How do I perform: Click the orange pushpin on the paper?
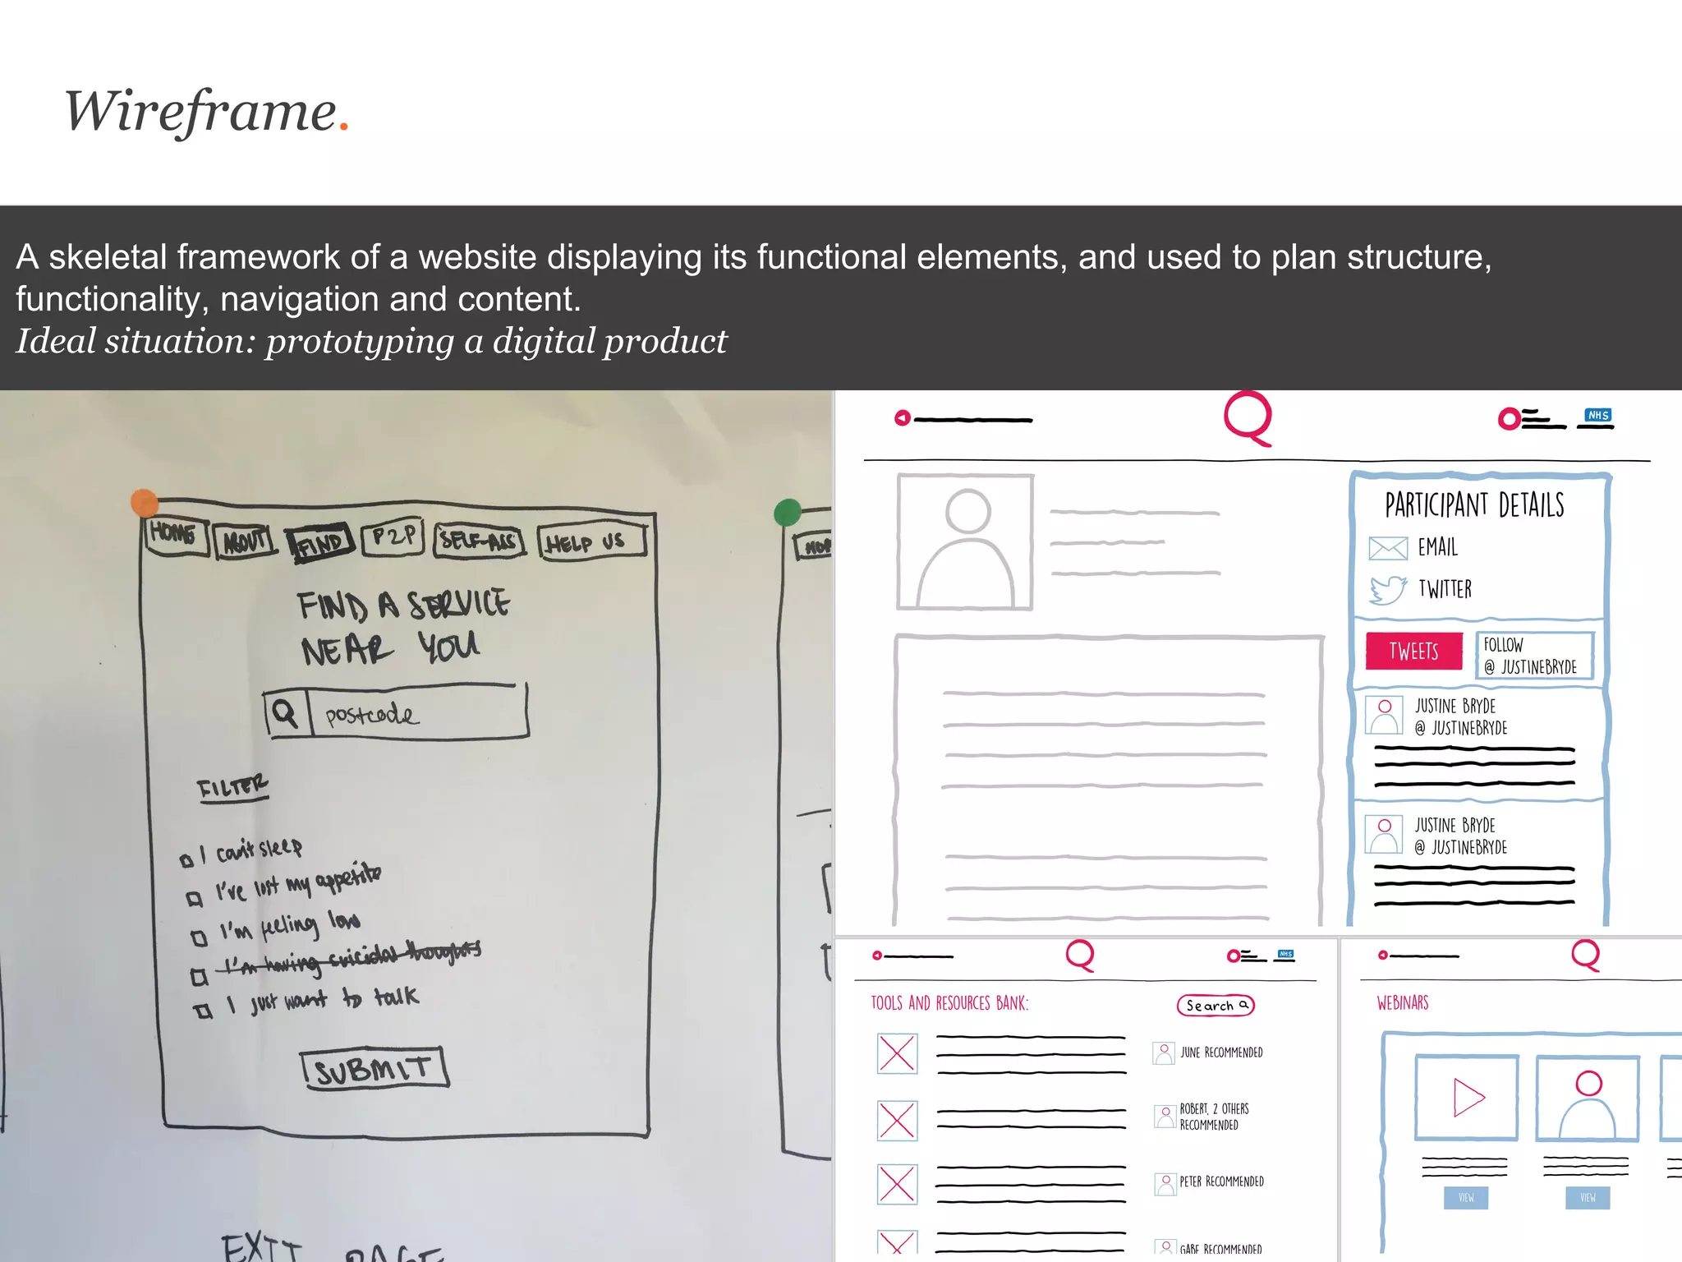[145, 502]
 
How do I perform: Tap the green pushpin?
[788, 513]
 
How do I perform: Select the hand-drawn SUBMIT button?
[375, 1068]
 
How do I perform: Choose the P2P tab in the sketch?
[393, 537]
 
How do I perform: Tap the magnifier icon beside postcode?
[285, 712]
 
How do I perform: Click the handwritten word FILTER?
[232, 787]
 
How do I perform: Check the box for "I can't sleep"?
[186, 860]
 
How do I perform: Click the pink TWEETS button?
[1413, 652]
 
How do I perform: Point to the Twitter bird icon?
[1388, 589]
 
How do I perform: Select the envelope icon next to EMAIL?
[1388, 548]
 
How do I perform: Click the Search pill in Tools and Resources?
[1216, 1006]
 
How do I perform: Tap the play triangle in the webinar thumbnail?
[1468, 1098]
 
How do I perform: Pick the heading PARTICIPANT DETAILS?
[1474, 505]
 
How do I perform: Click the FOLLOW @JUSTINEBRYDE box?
[1534, 655]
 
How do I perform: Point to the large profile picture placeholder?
[965, 542]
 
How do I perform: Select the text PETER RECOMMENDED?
[1221, 1181]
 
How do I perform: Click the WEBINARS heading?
[1403, 1003]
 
